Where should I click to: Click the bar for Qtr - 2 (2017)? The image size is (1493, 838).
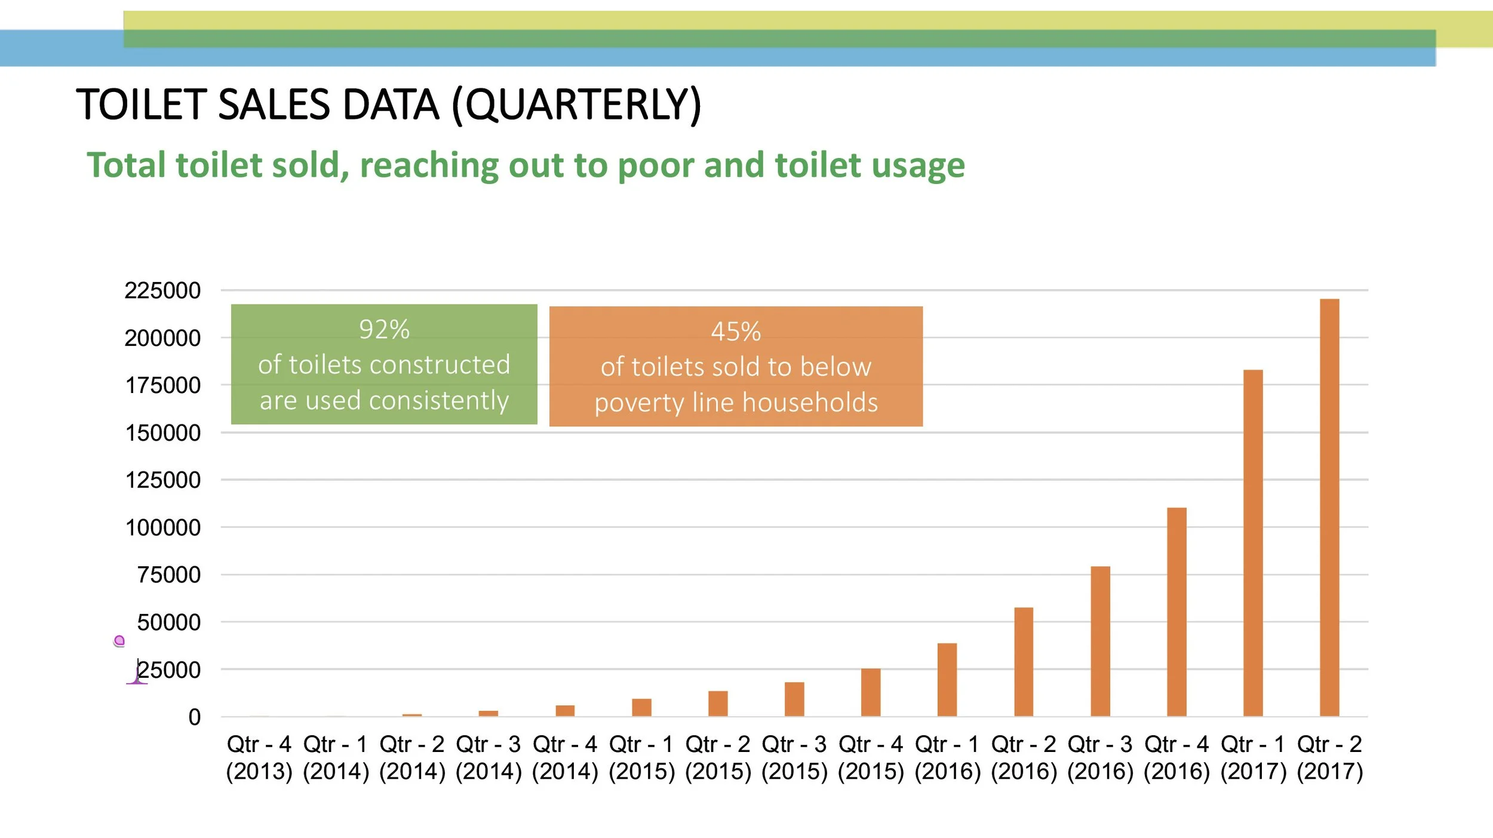click(x=1329, y=508)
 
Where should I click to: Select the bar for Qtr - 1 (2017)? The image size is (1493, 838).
click(x=1253, y=544)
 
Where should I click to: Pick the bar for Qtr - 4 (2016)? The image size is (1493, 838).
click(x=1176, y=612)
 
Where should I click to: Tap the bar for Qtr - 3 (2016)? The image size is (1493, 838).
click(x=1100, y=641)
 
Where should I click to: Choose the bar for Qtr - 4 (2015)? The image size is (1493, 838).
click(x=871, y=692)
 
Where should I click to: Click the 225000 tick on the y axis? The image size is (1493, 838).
click(x=162, y=291)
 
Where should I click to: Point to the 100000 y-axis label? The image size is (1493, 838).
click(x=162, y=528)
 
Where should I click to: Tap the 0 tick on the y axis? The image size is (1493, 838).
click(x=194, y=717)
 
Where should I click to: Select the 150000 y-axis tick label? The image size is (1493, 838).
click(x=162, y=433)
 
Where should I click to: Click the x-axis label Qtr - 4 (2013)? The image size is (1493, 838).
click(x=259, y=758)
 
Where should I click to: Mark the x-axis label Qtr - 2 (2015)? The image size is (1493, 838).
click(x=718, y=758)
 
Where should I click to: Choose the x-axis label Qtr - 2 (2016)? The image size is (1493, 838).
click(x=1024, y=758)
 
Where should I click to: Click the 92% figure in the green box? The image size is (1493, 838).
click(x=384, y=330)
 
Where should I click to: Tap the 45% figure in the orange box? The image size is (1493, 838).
click(x=736, y=332)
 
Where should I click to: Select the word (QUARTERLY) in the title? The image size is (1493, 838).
click(x=576, y=105)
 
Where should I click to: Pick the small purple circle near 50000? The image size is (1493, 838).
click(x=119, y=641)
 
